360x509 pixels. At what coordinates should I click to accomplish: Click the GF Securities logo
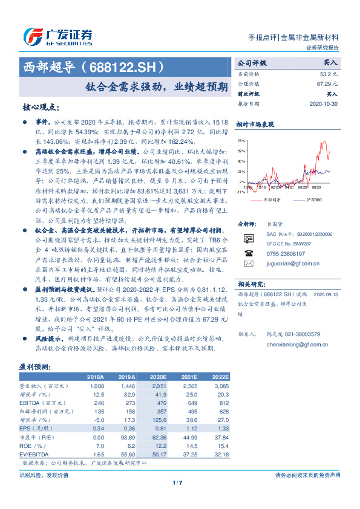click(x=57, y=37)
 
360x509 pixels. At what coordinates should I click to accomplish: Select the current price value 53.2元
click(x=329, y=74)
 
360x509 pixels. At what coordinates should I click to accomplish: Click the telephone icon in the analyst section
click(x=248, y=253)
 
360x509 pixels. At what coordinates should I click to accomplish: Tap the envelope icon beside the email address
click(x=248, y=264)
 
